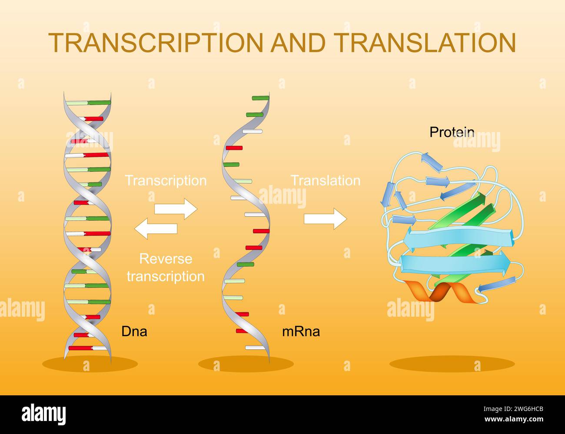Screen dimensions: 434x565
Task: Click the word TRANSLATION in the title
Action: click(425, 43)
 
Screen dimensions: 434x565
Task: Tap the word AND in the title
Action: click(299, 43)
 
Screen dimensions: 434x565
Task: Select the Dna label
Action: click(134, 332)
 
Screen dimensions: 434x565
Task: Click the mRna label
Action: click(301, 332)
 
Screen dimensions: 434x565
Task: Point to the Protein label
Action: click(452, 132)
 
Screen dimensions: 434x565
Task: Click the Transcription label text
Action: click(166, 181)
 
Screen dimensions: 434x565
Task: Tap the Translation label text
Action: click(325, 181)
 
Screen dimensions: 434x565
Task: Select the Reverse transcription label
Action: click(166, 268)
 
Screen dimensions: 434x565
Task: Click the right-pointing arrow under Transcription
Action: click(176, 209)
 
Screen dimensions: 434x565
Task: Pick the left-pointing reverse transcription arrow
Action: click(156, 229)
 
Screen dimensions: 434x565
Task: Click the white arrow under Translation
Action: click(325, 219)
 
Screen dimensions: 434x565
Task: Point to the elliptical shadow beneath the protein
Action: click(452, 364)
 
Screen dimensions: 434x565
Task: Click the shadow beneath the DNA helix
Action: click(90, 364)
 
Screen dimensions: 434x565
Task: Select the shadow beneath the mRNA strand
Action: click(246, 364)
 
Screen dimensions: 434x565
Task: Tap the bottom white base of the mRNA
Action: click(254, 348)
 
